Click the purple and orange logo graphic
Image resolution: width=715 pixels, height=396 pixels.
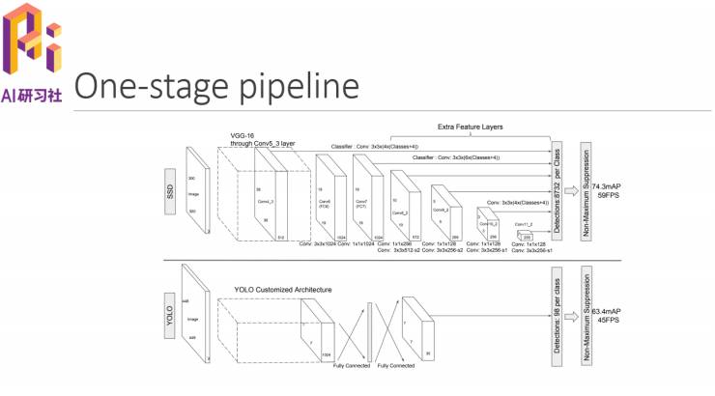[31, 43]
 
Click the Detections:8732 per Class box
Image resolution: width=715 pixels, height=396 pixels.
[557, 184]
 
